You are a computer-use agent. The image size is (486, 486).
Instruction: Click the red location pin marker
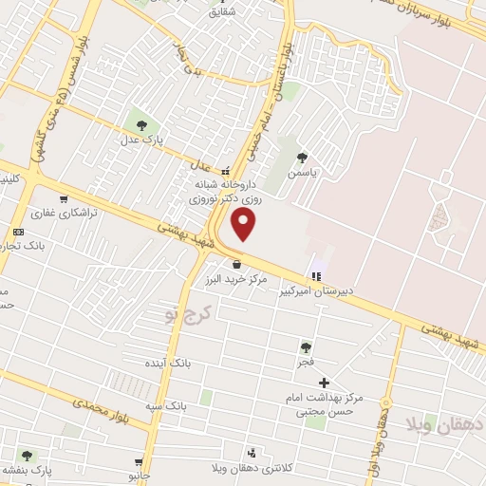pyautogui.click(x=245, y=225)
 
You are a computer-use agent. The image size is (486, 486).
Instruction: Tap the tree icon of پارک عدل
pyautogui.click(x=140, y=123)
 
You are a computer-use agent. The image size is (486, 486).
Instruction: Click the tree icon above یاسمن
pyautogui.click(x=303, y=158)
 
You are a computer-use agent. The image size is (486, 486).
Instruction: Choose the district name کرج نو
pyautogui.click(x=185, y=314)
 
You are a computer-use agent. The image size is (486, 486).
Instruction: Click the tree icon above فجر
pyautogui.click(x=306, y=347)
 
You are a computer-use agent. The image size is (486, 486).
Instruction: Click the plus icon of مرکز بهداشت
pyautogui.click(x=325, y=382)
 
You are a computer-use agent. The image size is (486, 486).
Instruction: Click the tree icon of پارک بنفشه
pyautogui.click(x=27, y=456)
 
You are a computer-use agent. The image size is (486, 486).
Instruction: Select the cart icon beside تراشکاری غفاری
pyautogui.click(x=63, y=199)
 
